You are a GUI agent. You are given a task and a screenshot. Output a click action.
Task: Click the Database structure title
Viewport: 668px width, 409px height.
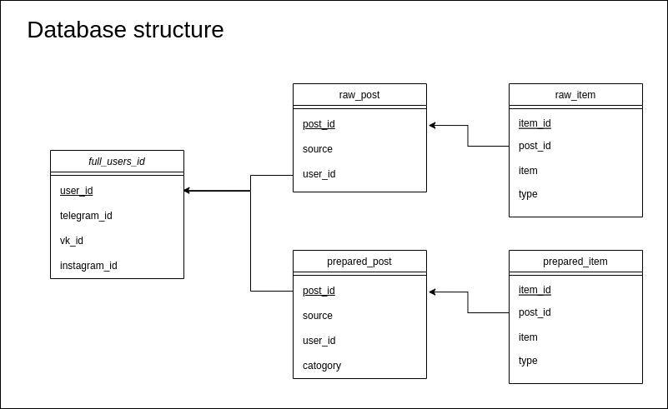125,30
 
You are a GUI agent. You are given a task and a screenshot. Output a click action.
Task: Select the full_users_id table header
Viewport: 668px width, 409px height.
117,162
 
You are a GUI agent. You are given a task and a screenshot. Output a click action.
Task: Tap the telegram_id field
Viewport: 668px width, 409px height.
86,216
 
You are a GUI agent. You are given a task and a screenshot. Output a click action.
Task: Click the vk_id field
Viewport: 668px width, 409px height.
72,241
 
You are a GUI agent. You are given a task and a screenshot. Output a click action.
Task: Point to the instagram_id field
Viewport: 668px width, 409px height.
88,266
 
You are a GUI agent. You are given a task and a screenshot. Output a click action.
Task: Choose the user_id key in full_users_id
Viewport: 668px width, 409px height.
76,191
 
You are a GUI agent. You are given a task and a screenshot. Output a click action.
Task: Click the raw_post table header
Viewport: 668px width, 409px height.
359,95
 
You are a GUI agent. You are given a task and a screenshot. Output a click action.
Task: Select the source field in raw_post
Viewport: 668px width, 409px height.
318,149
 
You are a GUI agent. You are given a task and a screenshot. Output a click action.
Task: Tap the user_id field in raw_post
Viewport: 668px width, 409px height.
319,174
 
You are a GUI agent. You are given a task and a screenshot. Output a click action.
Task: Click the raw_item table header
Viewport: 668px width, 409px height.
575,95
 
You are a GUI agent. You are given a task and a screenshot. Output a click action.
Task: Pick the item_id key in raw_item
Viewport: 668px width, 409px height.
535,123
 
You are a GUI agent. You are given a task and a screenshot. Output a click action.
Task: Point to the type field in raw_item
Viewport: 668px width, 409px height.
528,194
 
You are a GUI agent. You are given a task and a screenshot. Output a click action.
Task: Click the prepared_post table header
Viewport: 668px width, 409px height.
359,262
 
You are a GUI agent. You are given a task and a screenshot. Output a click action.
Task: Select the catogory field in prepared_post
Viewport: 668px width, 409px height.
322,366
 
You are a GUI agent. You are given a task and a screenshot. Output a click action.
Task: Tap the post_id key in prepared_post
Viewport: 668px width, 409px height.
319,291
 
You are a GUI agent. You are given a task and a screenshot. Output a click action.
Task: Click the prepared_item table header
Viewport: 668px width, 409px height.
575,262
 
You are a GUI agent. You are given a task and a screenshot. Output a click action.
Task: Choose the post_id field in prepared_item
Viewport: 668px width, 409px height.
535,312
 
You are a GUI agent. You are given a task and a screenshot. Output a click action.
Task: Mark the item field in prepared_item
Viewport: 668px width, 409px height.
528,337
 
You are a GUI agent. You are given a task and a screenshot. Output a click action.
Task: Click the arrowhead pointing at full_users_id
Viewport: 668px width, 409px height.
187,191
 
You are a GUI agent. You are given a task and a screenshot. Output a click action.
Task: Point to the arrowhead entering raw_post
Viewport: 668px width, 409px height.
432,126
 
